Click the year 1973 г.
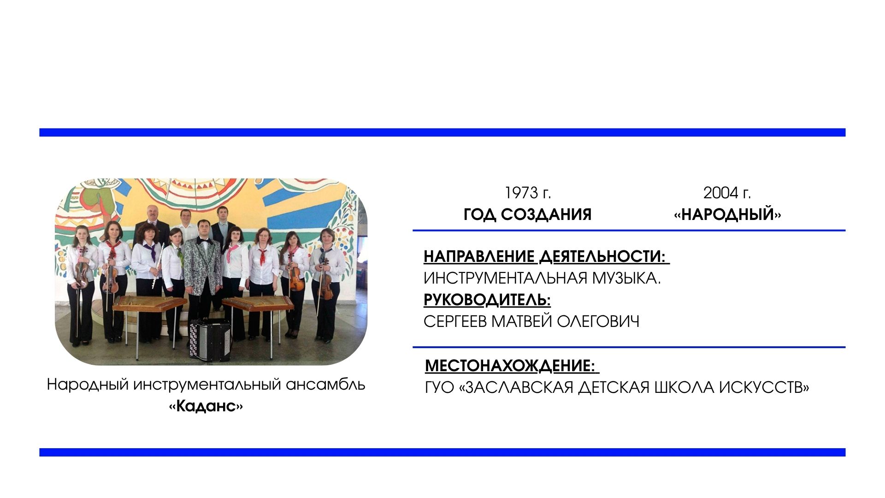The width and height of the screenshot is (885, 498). [x=528, y=193]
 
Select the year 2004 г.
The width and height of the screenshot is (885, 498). [x=727, y=193]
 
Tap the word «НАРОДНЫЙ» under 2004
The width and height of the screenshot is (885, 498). [x=727, y=214]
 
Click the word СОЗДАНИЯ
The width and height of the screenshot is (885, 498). [x=546, y=214]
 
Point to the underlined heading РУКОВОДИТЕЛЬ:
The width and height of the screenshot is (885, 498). [x=487, y=300]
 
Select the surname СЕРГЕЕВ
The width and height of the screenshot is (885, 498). [x=455, y=321]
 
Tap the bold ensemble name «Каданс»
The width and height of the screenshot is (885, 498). [x=206, y=406]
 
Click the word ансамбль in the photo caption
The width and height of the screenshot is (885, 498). [x=325, y=385]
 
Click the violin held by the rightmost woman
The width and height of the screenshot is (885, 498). [x=325, y=281]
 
